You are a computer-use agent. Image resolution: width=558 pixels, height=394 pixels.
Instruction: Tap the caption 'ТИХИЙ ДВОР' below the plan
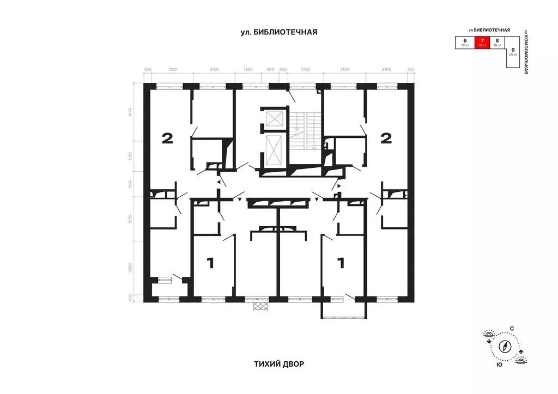tap(278, 363)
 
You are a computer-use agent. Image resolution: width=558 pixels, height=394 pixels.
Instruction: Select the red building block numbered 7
tap(481, 43)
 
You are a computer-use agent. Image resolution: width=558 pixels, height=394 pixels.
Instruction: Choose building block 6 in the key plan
tap(465, 43)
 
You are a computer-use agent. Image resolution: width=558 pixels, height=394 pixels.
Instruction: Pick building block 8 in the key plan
tap(497, 43)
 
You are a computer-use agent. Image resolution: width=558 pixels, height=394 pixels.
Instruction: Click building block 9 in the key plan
tap(513, 52)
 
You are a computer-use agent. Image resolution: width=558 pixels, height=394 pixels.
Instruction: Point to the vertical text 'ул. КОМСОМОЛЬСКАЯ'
tap(526, 51)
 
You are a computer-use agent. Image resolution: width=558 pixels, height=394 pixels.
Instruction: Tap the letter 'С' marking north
tap(512, 329)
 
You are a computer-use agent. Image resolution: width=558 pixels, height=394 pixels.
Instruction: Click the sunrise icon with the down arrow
tap(488, 336)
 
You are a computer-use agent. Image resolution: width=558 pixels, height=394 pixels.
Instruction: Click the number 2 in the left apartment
tap(167, 138)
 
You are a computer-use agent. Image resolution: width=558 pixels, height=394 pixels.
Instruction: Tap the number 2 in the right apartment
tap(386, 138)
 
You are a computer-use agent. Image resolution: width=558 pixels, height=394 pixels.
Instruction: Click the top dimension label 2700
tap(305, 70)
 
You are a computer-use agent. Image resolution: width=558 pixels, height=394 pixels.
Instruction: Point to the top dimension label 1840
tap(248, 70)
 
